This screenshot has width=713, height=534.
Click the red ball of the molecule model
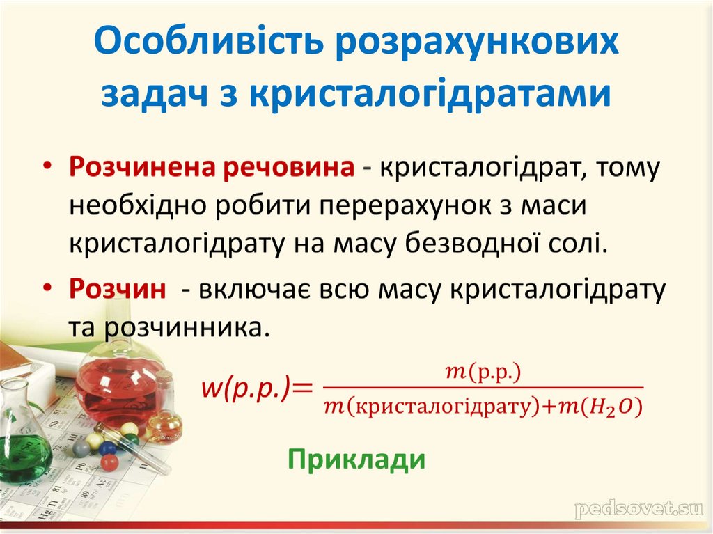[x=109, y=462]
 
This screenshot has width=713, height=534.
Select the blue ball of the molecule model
[x=107, y=448]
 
